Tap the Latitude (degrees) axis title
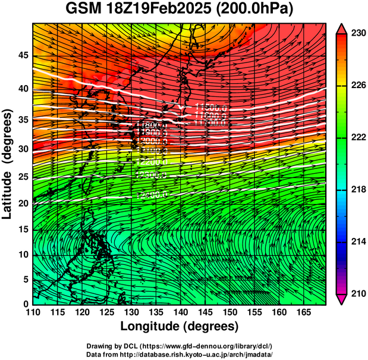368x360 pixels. (8, 163)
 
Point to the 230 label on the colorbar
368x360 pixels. (355, 34)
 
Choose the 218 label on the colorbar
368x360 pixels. (355, 189)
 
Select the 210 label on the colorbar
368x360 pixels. (355, 293)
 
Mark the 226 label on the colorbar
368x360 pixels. (355, 86)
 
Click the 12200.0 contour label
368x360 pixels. (152, 161)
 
